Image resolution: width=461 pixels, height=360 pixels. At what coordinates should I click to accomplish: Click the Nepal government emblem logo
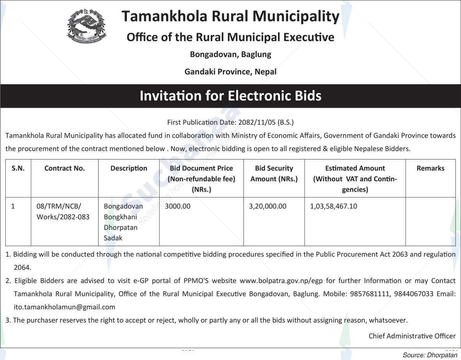click(x=86, y=26)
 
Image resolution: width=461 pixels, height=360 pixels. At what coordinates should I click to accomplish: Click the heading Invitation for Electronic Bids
click(x=230, y=96)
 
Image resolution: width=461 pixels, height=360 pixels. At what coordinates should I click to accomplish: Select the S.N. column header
click(x=18, y=168)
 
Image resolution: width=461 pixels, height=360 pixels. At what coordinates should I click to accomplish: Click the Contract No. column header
click(x=64, y=168)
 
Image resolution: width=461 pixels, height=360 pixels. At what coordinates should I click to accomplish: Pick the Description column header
click(x=129, y=168)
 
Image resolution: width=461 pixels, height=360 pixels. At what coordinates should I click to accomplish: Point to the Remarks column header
click(x=430, y=168)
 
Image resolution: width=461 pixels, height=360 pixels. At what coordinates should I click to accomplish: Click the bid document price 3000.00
click(x=178, y=206)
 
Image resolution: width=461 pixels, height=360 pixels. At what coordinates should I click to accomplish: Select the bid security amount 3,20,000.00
click(x=267, y=206)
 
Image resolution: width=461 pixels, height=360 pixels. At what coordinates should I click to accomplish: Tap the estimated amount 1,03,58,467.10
click(x=333, y=206)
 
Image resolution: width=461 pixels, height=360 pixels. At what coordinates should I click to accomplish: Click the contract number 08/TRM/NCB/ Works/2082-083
click(x=62, y=211)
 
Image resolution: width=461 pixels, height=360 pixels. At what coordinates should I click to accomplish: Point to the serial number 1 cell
click(x=13, y=206)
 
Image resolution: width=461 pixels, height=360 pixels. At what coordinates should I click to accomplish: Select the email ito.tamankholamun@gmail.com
click(x=64, y=307)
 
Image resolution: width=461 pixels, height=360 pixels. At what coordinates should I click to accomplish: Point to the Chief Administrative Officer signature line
click(x=412, y=336)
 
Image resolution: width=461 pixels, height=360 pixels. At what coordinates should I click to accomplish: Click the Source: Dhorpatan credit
click(x=429, y=355)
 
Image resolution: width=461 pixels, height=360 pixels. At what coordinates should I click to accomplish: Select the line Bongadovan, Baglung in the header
click(x=230, y=54)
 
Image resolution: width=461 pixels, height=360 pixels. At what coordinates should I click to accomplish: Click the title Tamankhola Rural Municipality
click(x=230, y=16)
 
